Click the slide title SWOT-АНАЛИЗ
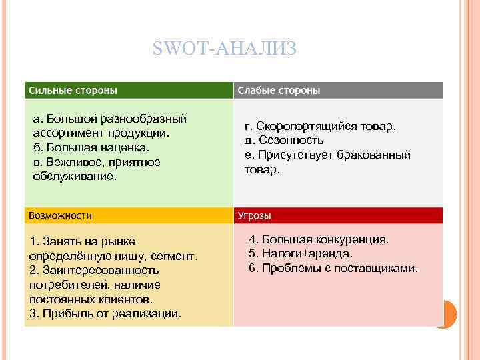click(224, 49)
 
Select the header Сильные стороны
click(73, 90)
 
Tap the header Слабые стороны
click(279, 90)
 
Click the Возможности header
click(61, 215)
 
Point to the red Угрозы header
click(255, 215)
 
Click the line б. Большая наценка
click(91, 147)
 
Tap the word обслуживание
click(74, 177)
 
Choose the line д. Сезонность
click(284, 141)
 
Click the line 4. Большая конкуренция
click(318, 239)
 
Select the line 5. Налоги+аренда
click(300, 254)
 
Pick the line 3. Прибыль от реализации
click(105, 313)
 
